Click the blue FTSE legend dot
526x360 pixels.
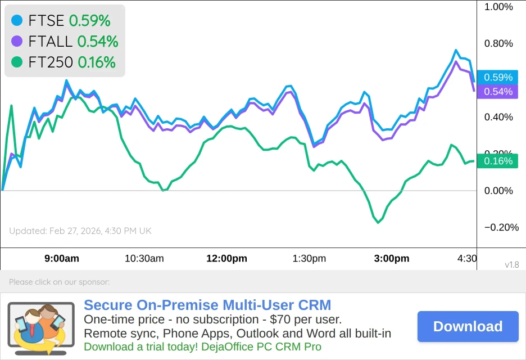[x=17, y=21]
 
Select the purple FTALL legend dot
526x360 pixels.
[x=17, y=41]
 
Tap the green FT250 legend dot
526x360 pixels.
[x=17, y=62]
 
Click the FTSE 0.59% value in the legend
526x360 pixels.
[x=89, y=21]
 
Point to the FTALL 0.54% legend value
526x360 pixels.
[x=97, y=41]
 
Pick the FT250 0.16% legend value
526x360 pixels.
[x=96, y=62]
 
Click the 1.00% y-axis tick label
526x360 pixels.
[x=498, y=7]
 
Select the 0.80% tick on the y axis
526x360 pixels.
[x=498, y=43]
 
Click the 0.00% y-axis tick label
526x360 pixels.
[x=498, y=191]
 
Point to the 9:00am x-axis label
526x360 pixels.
[x=62, y=259]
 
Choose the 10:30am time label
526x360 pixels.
[x=144, y=259]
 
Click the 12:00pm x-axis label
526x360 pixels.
[x=227, y=259]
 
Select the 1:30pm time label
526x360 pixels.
[x=309, y=259]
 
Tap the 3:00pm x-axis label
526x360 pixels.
[x=392, y=259]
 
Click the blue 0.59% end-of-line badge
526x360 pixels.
[x=498, y=78]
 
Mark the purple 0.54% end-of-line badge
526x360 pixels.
[x=498, y=92]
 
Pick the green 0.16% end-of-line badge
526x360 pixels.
[x=498, y=161]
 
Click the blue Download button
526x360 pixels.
[x=468, y=326]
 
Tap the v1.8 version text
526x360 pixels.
[x=511, y=264]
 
